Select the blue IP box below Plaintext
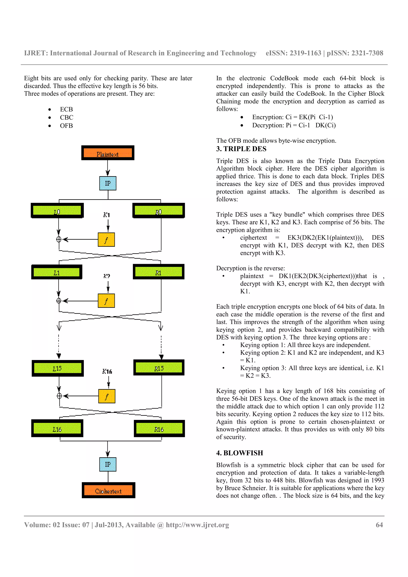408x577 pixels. pyautogui.click(x=108, y=183)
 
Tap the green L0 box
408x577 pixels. pyautogui.click(x=57, y=211)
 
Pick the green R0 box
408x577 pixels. pyautogui.click(x=158, y=211)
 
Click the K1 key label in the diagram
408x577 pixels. pyautogui.click(x=107, y=215)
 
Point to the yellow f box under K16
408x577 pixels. pyautogui.click(x=107, y=396)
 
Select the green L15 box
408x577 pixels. pyautogui.click(x=58, y=368)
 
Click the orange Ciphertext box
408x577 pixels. pyautogui.click(x=108, y=490)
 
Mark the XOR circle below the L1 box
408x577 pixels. pyautogui.click(x=59, y=301)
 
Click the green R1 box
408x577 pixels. pyautogui.click(x=158, y=272)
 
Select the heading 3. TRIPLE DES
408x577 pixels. pyautogui.click(x=241, y=149)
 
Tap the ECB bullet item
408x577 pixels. pyautogui.click(x=66, y=109)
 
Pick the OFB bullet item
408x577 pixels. pyautogui.click(x=66, y=126)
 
